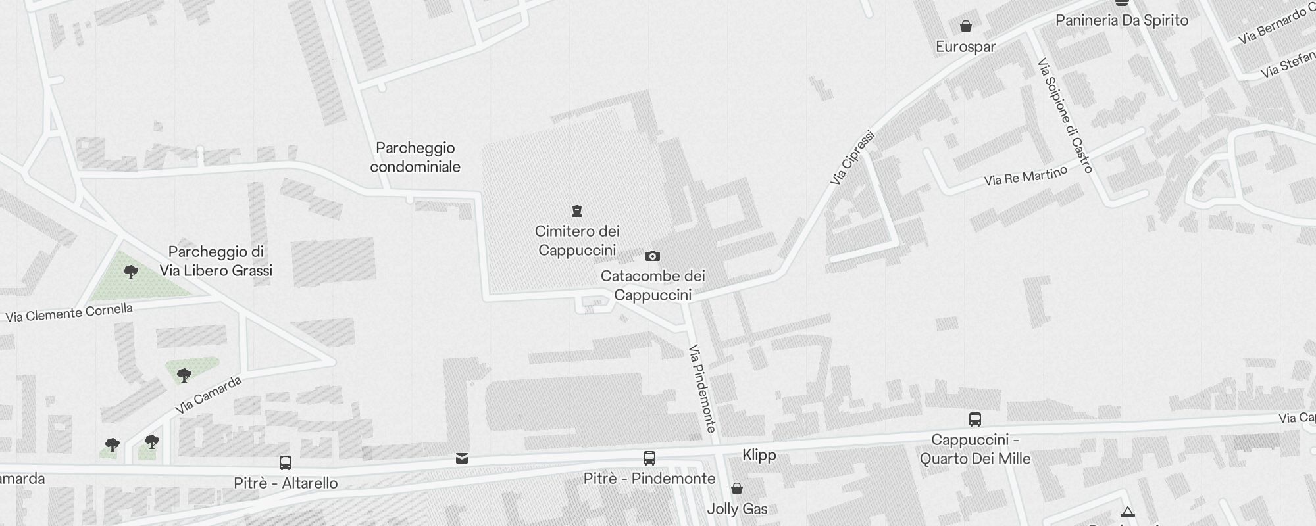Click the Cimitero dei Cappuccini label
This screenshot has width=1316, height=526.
pos(577,241)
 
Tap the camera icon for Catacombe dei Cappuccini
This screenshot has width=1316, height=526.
pos(652,256)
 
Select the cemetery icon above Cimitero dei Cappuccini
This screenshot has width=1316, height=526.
pos(577,211)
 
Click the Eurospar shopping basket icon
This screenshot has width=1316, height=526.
pos(966,26)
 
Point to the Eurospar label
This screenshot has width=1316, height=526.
pos(965,47)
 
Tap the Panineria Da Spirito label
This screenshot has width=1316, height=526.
pos(1122,20)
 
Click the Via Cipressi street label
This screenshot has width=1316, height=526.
pos(852,158)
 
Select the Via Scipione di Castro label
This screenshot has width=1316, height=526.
pos(1065,116)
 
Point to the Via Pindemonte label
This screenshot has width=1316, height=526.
pos(702,389)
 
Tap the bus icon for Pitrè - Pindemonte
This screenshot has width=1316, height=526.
pos(649,458)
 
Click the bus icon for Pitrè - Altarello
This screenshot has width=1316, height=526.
pos(286,463)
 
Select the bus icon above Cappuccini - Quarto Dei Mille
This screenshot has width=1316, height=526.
pos(975,419)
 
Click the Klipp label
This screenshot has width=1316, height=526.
pos(759,455)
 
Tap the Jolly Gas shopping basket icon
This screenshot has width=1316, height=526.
pos(737,489)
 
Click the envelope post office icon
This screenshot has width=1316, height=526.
pos(462,458)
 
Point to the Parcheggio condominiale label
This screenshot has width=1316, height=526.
pos(415,157)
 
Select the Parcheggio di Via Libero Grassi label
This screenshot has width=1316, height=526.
pos(216,261)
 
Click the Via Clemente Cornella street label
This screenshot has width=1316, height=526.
pos(69,313)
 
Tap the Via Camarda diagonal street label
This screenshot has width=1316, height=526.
pos(208,395)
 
